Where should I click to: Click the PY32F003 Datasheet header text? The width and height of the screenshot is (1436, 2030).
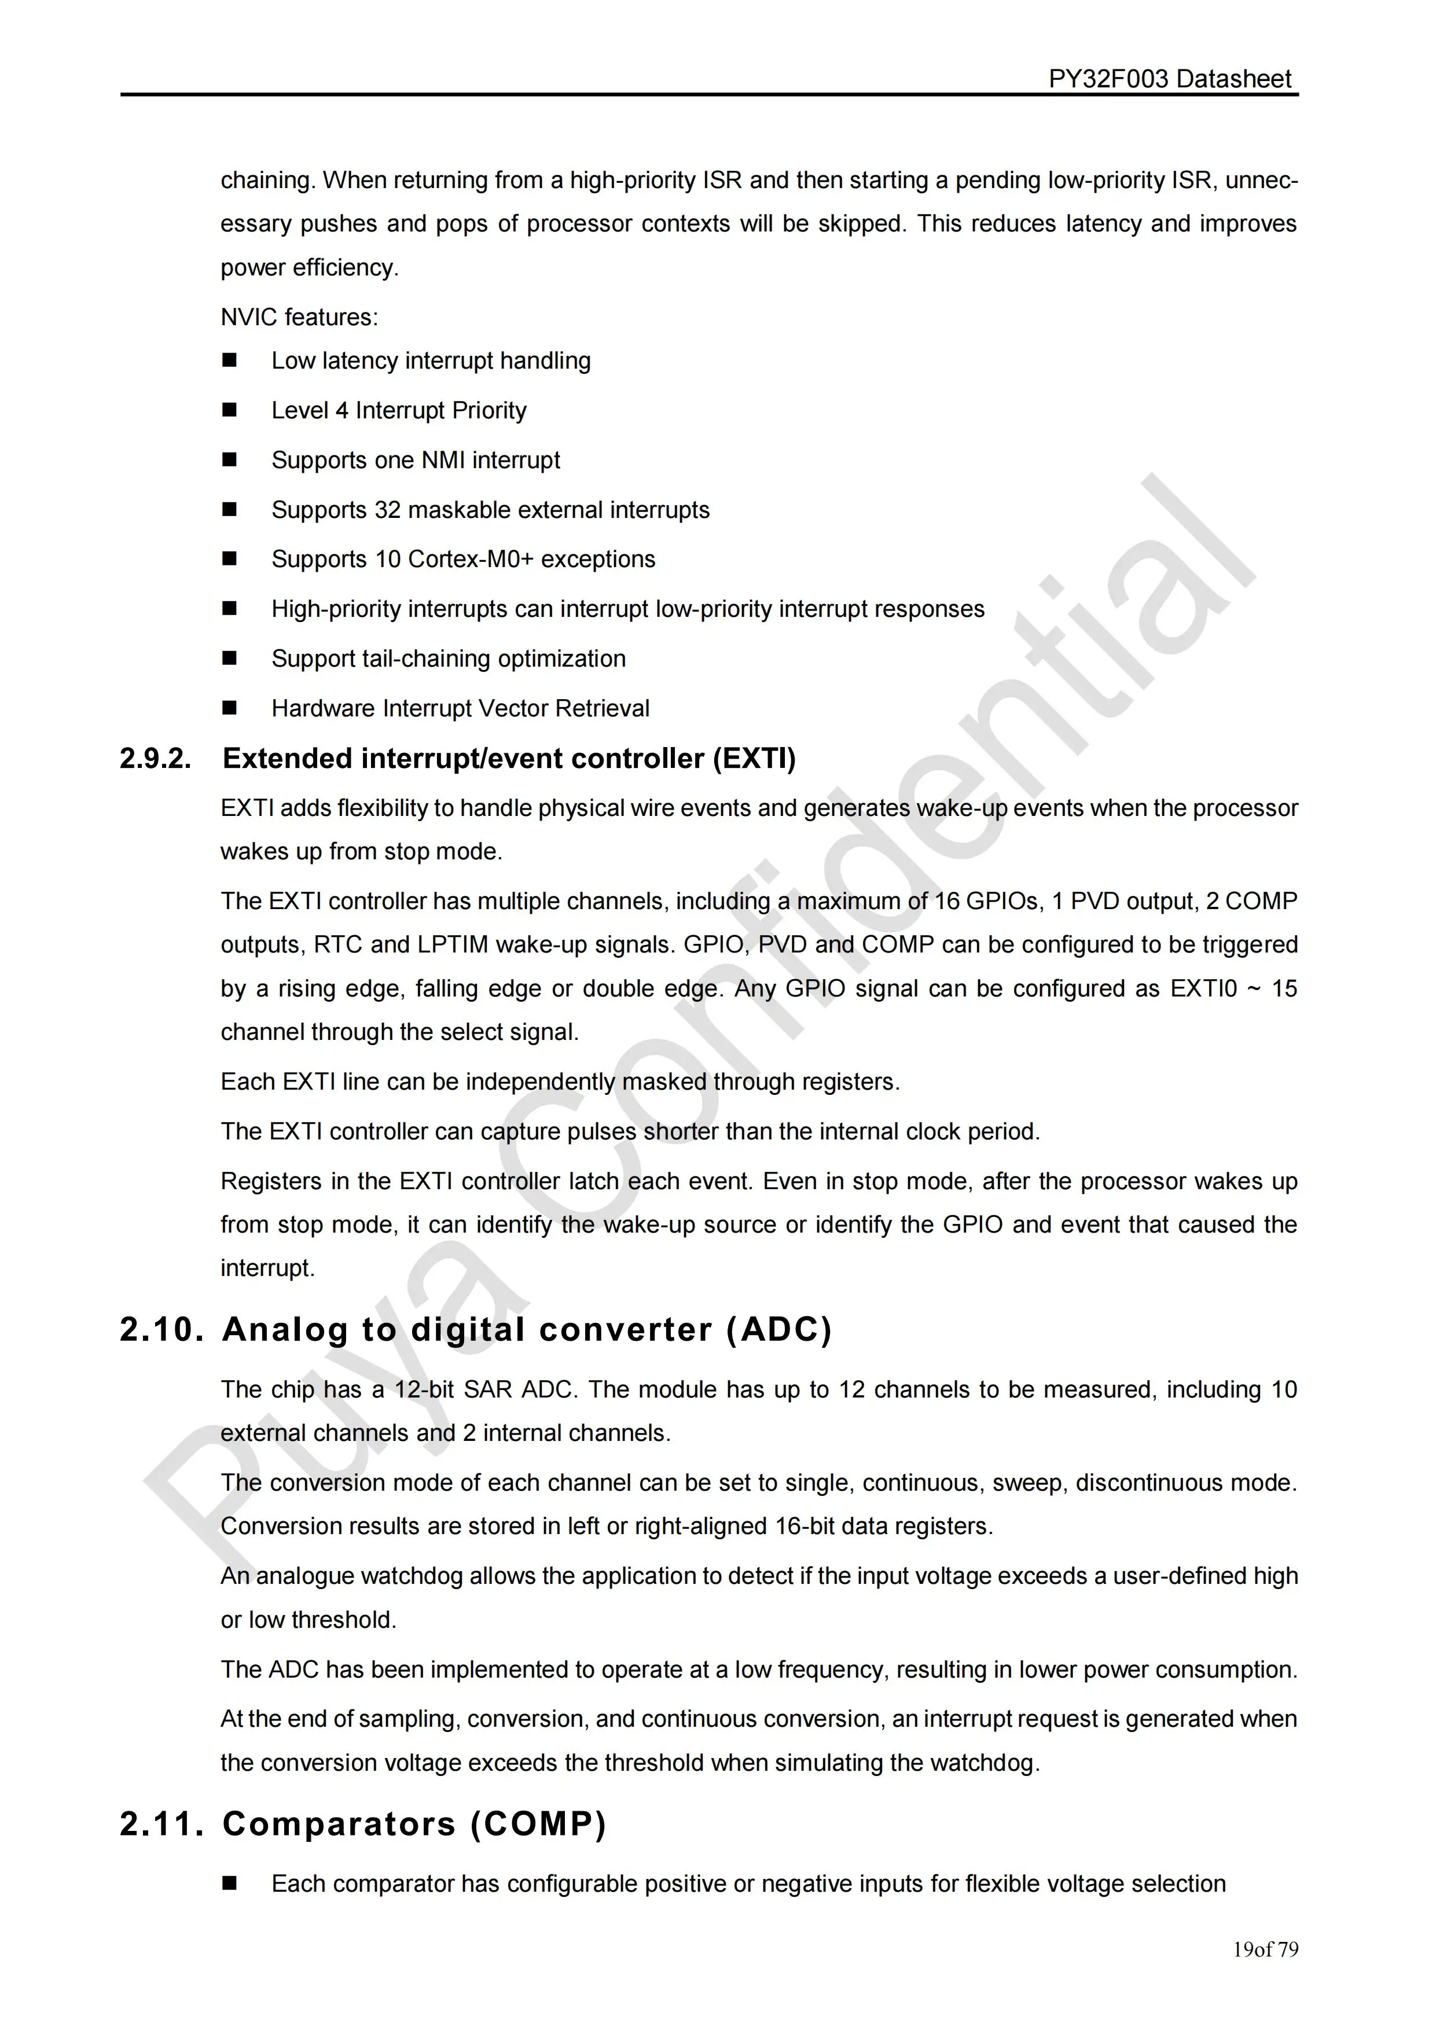coord(1169,80)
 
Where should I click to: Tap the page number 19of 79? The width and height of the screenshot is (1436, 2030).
coord(1265,1950)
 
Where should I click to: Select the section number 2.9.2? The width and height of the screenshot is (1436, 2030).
coord(156,759)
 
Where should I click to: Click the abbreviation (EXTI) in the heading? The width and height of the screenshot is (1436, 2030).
coord(754,759)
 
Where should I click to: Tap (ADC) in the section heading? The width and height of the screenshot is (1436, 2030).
coord(779,1330)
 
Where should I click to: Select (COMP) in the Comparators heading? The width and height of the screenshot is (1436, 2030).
coord(538,1824)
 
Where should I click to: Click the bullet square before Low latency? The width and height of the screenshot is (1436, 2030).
coord(230,361)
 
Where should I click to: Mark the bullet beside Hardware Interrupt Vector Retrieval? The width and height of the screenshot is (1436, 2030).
coord(230,708)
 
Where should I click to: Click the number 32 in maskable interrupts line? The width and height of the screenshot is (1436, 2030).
coord(387,510)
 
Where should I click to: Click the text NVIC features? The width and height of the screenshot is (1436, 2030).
coord(299,318)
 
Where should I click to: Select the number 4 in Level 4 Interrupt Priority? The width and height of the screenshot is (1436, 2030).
coord(341,410)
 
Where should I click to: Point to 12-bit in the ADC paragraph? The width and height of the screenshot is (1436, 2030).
coord(424,1390)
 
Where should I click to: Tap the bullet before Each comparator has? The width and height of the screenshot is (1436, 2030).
coord(230,1884)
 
